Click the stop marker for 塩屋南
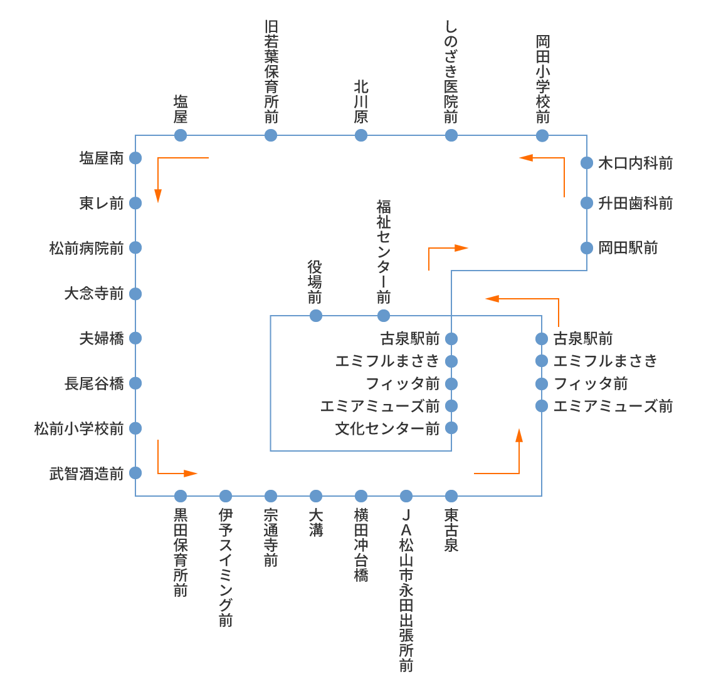[135, 158]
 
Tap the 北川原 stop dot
[361, 135]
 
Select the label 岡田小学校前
[542, 79]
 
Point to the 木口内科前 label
[636, 163]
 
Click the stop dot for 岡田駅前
[587, 248]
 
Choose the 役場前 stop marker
[316, 316]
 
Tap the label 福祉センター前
[384, 252]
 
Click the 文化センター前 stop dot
[451, 428]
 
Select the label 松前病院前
[87, 248]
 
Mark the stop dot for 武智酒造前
[135, 473]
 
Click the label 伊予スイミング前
[226, 567]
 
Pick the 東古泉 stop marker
[451, 496]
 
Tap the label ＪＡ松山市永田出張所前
[406, 590]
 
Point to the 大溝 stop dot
[316, 496]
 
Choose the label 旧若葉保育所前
[271, 71]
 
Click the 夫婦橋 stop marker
[135, 338]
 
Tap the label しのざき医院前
[451, 71]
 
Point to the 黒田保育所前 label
[181, 552]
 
